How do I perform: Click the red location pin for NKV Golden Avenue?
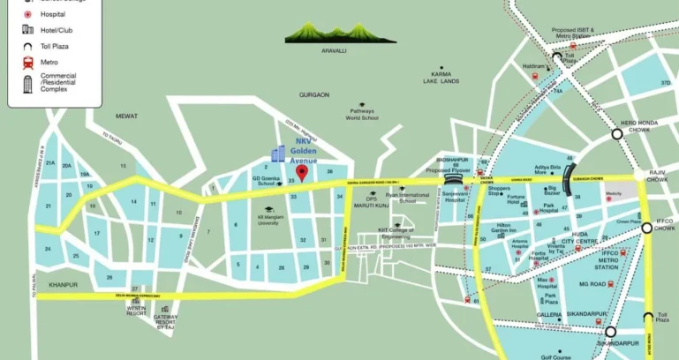click(301, 172)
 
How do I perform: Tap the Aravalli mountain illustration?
click(328, 34)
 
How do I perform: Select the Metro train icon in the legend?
click(27, 63)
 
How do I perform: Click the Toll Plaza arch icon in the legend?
click(27, 46)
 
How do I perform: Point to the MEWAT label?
click(126, 116)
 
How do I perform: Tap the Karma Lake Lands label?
click(441, 77)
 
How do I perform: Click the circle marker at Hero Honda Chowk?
click(616, 134)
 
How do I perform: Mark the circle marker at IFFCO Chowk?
click(646, 228)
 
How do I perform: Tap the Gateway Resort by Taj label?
click(165, 321)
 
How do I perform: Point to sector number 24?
click(48, 249)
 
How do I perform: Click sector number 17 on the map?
click(95, 232)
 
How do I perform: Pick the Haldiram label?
click(533, 66)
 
